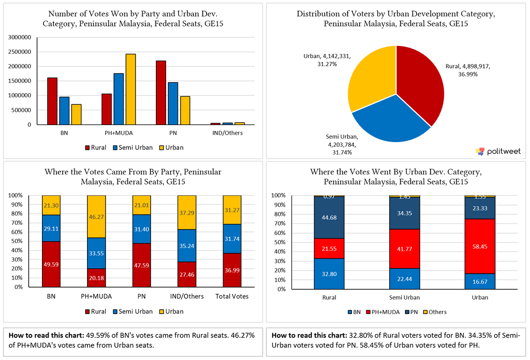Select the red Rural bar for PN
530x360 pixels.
[x=161, y=93]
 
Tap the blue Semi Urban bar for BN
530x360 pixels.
[x=64, y=111]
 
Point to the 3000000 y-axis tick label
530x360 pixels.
[x=19, y=38]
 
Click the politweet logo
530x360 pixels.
[x=498, y=152]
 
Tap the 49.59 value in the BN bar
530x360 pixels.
[x=51, y=265]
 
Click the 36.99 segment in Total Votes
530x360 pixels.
[x=232, y=270]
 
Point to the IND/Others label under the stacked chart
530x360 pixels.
[x=187, y=296]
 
